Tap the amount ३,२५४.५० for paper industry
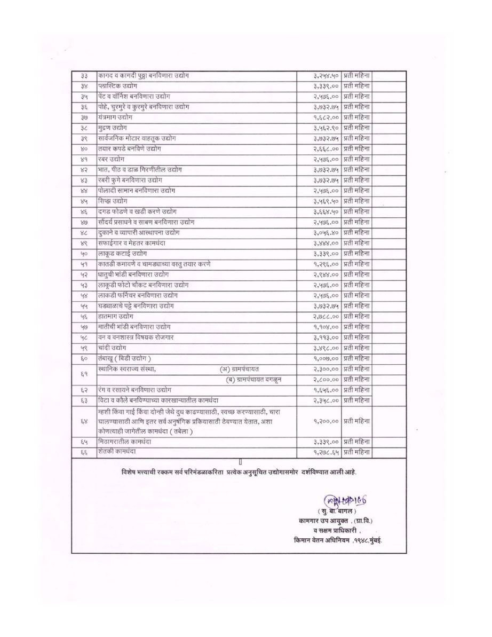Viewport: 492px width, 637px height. (x=327, y=76)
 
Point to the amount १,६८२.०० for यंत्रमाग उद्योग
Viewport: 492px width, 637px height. (x=327, y=117)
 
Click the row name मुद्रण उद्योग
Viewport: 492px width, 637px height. (x=113, y=128)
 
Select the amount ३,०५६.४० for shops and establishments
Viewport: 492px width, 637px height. (x=327, y=232)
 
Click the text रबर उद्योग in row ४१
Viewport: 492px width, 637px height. (x=112, y=159)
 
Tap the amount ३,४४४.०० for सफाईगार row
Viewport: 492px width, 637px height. (x=327, y=243)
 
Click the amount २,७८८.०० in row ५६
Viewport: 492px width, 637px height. (x=327, y=316)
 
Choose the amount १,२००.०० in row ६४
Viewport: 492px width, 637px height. (x=327, y=421)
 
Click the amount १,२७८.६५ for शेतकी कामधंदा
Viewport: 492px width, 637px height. (x=327, y=452)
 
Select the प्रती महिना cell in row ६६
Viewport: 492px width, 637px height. (x=357, y=452)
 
